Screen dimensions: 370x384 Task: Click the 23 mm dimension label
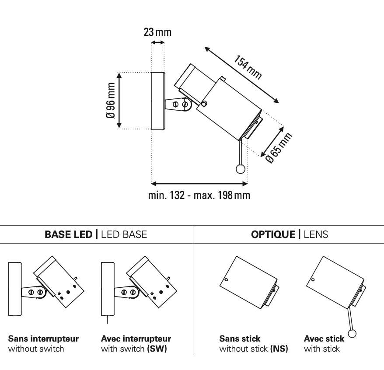pos(157,33)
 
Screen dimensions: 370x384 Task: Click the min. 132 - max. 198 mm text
pos(199,195)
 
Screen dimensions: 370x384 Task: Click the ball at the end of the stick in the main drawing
pos(240,169)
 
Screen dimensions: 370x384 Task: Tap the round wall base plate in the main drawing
pos(157,101)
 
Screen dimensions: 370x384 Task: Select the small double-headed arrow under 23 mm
pos(157,42)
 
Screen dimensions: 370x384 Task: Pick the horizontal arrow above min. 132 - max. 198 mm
pos(199,183)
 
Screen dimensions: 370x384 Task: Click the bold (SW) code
pos(158,349)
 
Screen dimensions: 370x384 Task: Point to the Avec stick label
pos(324,339)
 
